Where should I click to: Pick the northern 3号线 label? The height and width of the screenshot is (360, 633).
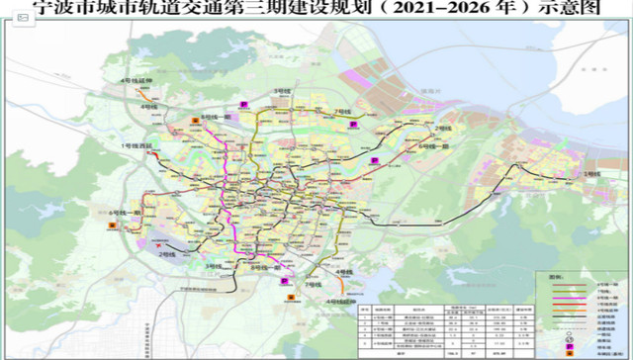pyautogui.click(x=261, y=108)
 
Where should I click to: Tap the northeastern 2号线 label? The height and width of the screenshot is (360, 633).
pyautogui.click(x=442, y=130)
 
